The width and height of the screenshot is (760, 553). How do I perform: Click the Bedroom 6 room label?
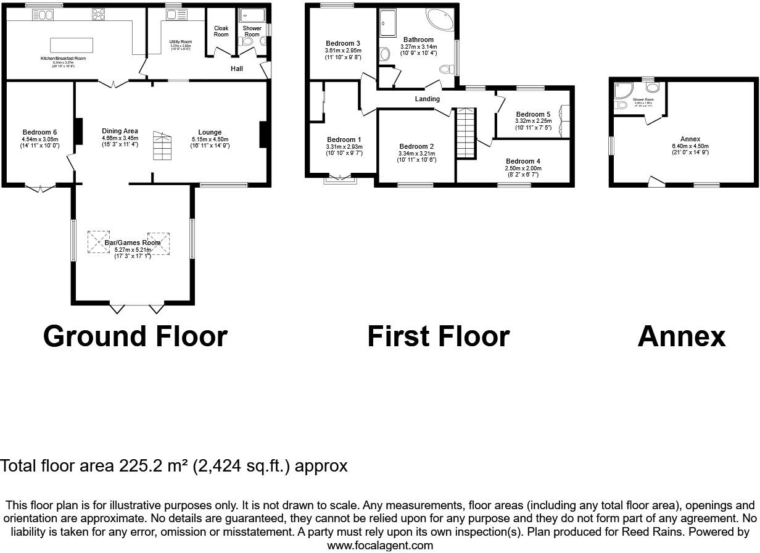(39, 132)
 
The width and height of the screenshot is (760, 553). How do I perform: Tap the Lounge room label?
(210, 132)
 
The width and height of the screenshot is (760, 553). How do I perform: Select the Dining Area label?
(120, 131)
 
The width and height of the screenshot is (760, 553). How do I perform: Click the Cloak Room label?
(221, 31)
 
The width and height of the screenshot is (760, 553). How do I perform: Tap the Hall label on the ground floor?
(237, 69)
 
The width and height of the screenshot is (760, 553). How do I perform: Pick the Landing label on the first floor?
(427, 99)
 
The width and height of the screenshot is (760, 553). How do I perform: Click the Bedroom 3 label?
(343, 43)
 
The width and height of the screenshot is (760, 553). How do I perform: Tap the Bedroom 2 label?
(416, 146)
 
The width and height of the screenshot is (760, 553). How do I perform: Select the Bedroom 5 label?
(533, 114)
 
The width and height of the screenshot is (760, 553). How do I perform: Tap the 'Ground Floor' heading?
(135, 336)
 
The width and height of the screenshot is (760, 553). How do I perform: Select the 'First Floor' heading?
(438, 336)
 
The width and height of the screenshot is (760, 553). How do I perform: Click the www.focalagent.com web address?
(379, 546)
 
